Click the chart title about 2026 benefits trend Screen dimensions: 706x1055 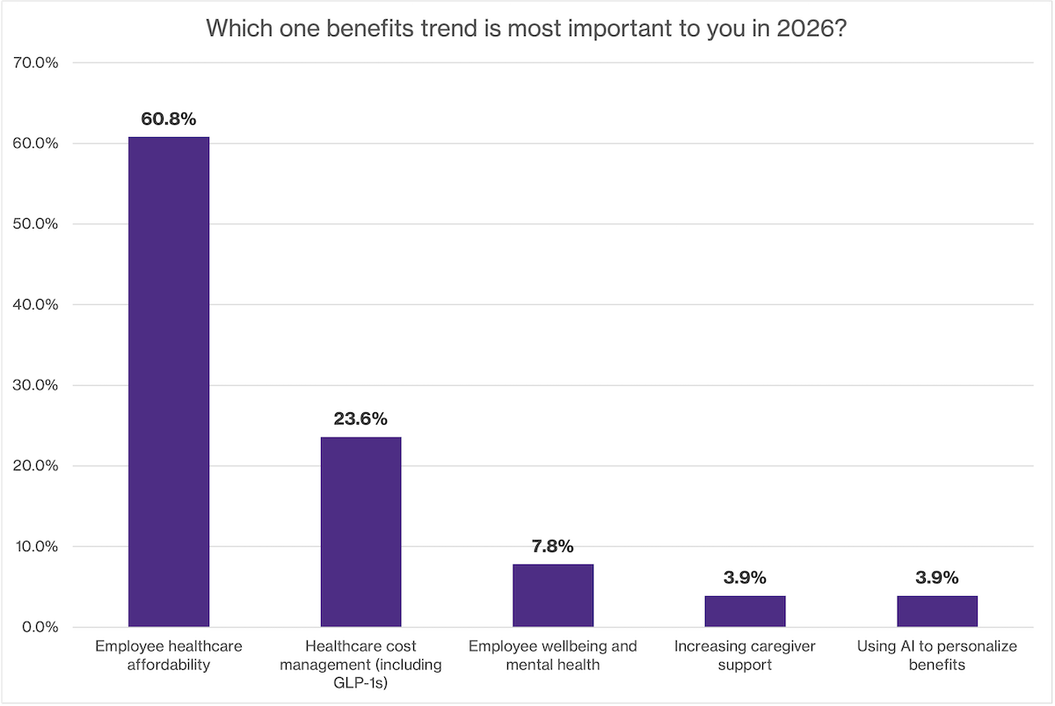tap(527, 27)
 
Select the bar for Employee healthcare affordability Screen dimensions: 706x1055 tap(169, 382)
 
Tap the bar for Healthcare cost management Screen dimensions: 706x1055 tap(360, 532)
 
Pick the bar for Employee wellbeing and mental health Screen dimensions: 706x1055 tap(553, 595)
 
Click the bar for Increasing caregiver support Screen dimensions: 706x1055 tap(745, 611)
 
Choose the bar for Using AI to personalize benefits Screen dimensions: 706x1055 tap(937, 611)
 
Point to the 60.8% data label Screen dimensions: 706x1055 tap(169, 118)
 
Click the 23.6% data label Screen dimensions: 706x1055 tap(360, 419)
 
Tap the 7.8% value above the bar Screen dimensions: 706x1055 tap(553, 546)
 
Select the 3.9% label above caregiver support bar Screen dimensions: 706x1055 tap(745, 578)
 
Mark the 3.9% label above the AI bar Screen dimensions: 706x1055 tap(937, 578)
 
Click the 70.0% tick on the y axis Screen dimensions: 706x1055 tap(35, 62)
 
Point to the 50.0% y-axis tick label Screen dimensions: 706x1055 tap(35, 224)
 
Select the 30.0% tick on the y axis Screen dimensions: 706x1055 tap(35, 385)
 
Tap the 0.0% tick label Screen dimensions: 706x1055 tap(39, 627)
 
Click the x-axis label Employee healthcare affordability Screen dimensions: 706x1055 tap(169, 655)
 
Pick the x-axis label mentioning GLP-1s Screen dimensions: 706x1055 tap(360, 664)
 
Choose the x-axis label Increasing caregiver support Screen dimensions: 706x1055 tap(745, 655)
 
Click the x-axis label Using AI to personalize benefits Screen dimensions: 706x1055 tap(937, 655)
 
